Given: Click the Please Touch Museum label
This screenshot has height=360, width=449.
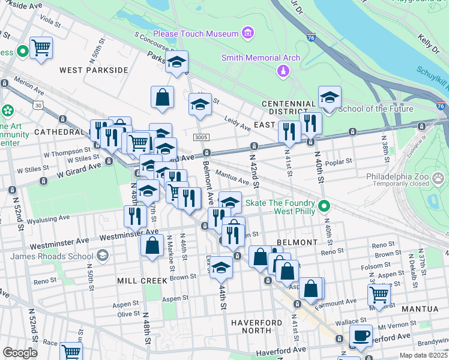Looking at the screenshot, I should point(196,34).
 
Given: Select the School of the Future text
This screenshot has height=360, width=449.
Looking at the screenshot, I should point(376,109).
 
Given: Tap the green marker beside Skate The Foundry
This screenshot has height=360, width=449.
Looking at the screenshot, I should point(325,207).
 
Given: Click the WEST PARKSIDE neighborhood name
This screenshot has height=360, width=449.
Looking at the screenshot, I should point(94,70).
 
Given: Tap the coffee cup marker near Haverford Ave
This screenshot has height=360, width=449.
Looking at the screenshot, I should point(361,335).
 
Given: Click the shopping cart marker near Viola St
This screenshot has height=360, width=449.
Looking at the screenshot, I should point(41,47).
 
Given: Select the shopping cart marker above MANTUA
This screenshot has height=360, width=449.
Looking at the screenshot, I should point(379,295).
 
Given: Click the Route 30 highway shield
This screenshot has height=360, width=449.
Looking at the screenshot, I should point(39,105).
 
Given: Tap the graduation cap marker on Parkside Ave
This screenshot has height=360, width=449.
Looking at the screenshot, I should point(177,61).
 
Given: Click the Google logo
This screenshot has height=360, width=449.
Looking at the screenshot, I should point(20,353).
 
